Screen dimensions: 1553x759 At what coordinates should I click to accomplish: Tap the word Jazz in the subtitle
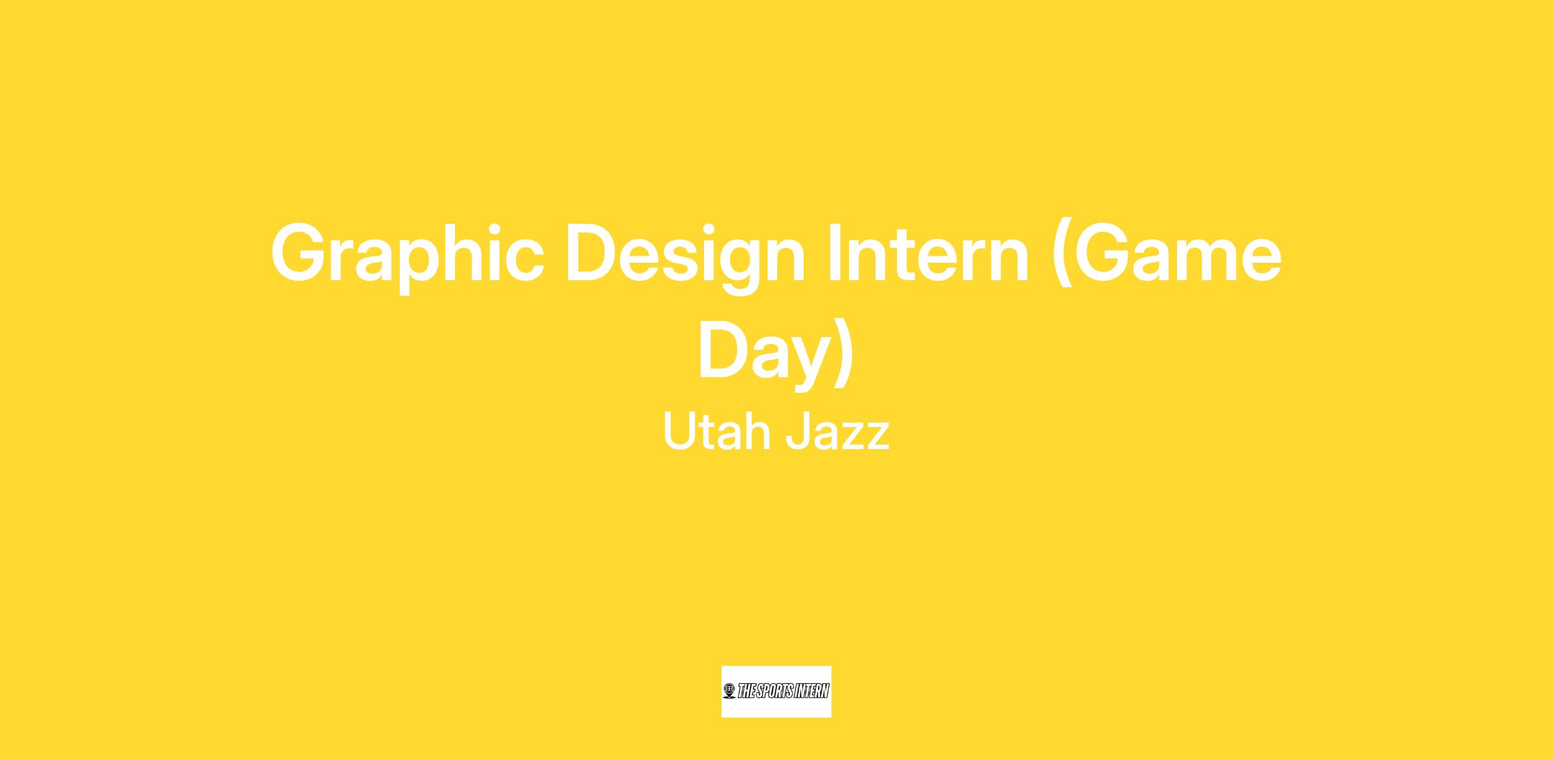[x=837, y=432]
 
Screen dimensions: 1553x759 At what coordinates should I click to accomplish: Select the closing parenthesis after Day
[x=844, y=353]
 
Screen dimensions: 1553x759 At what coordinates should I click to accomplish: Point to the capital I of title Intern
[x=835, y=252]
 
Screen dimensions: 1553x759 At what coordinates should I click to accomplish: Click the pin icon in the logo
[x=729, y=691]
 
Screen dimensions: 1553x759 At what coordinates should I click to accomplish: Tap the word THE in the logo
[x=747, y=691]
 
